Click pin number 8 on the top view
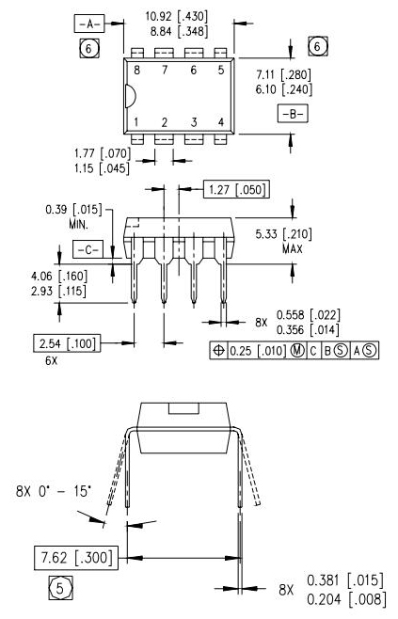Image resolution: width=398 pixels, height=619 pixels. (x=136, y=70)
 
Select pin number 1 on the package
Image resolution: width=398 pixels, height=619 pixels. (x=136, y=122)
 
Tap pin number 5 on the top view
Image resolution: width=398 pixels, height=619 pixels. (x=221, y=70)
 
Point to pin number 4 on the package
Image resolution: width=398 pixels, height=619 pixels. (x=221, y=122)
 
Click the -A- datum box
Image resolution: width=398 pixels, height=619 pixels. (x=88, y=22)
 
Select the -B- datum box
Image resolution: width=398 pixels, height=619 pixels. (x=292, y=113)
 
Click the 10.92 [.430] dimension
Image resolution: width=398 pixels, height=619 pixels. (x=179, y=16)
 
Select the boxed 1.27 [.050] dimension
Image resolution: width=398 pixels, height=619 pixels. (x=236, y=190)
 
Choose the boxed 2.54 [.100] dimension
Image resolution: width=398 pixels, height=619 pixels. (x=68, y=341)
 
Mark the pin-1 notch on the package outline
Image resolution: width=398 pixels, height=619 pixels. (x=130, y=96)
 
